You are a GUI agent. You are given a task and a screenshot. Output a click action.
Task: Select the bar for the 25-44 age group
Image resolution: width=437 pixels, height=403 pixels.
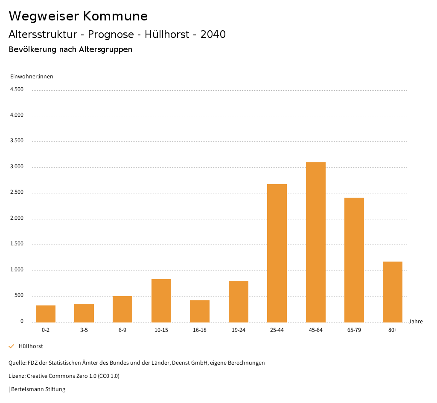coord(277,253)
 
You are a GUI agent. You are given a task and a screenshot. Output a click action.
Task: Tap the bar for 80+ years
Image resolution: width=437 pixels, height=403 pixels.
coord(393,292)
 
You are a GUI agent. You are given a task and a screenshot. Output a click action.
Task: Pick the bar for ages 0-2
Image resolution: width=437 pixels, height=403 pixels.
coord(46,314)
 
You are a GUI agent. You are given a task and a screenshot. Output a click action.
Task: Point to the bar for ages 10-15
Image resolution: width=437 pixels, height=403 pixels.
coord(161,300)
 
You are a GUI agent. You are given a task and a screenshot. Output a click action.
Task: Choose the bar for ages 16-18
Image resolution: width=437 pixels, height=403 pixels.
coord(200,311)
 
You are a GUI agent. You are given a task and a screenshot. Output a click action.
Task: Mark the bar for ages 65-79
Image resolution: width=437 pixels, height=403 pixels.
coord(354,260)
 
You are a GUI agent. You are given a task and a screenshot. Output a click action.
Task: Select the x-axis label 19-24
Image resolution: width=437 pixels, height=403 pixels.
coord(238,330)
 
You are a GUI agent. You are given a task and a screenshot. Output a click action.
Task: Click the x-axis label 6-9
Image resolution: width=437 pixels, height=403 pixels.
coord(122,330)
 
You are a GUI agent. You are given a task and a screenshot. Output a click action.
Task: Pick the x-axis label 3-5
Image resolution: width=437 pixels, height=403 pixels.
coord(84,330)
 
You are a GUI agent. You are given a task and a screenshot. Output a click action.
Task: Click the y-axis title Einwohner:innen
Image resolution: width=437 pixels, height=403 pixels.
coord(32,77)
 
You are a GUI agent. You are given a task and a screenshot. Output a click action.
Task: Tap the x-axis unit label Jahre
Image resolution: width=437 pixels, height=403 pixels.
coord(415,322)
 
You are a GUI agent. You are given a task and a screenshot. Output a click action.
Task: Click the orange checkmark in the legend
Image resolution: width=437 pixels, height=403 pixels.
coord(12,346)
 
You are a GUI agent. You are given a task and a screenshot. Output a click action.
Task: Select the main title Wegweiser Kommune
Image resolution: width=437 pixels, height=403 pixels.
coord(78,16)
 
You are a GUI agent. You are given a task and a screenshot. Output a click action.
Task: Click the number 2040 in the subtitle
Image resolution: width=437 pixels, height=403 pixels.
coord(213,35)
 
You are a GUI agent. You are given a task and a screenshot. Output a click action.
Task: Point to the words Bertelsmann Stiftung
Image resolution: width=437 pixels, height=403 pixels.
coord(38,389)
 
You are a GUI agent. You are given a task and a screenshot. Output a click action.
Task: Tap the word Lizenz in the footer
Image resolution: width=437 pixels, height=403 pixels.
coord(17,376)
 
